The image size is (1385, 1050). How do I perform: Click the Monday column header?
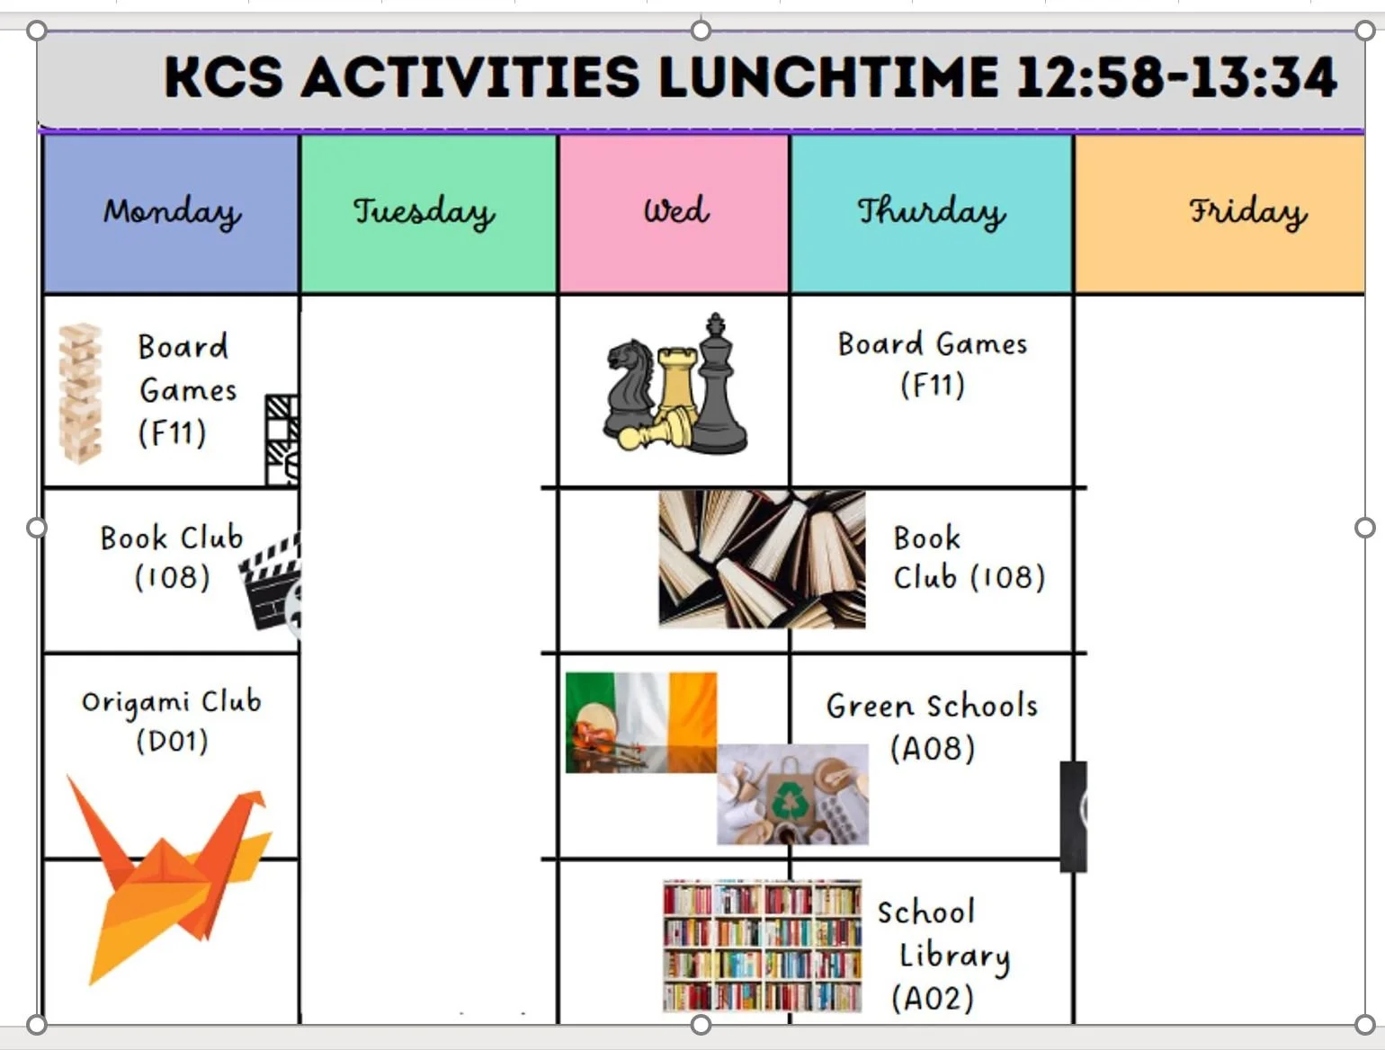pos(171,213)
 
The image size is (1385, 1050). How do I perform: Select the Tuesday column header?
pos(424,213)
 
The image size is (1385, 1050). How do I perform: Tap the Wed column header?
pos(675,211)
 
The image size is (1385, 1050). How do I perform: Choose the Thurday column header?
pos(931,213)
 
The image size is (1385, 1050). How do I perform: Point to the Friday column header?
pos(1247,213)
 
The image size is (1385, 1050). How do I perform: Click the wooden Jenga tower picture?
pos(80,393)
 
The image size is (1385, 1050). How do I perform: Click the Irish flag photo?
pos(640,722)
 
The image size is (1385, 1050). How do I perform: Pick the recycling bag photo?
pos(792,795)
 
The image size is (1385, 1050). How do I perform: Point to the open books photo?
pos(762,558)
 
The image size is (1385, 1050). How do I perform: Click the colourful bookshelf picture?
pos(762,946)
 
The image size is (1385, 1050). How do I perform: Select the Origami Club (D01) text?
pos(171,721)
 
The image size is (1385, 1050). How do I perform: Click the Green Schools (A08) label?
pos(932,726)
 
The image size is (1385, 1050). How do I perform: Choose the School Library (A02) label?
pos(940,955)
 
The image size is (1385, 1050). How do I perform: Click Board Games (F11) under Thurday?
pos(932,364)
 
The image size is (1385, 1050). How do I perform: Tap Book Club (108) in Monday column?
pos(171,557)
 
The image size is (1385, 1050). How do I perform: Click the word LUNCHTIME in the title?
pos(827,77)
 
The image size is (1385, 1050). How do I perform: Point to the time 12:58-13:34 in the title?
pos(1176,77)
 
